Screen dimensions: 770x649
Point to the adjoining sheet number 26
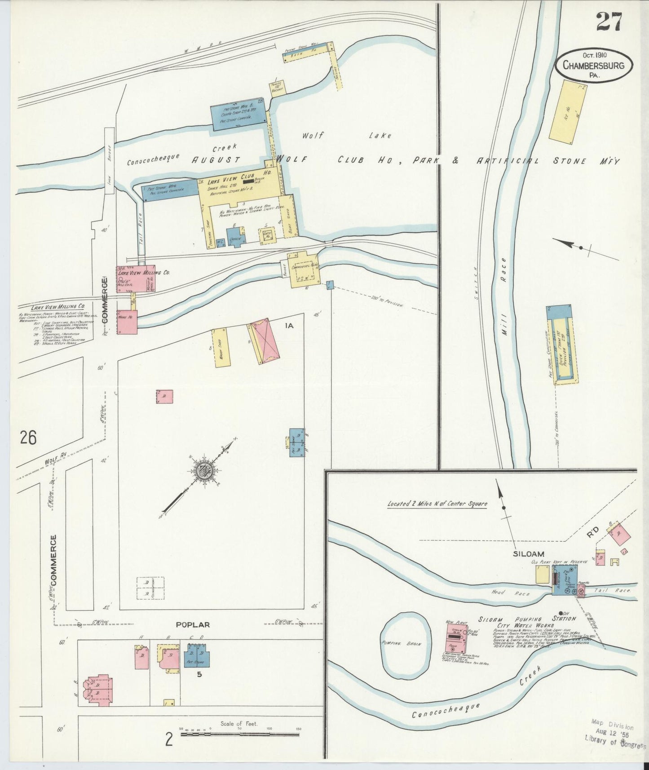[27, 437]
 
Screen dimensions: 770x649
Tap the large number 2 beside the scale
[169, 739]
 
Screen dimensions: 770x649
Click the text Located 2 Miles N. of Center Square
[437, 504]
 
